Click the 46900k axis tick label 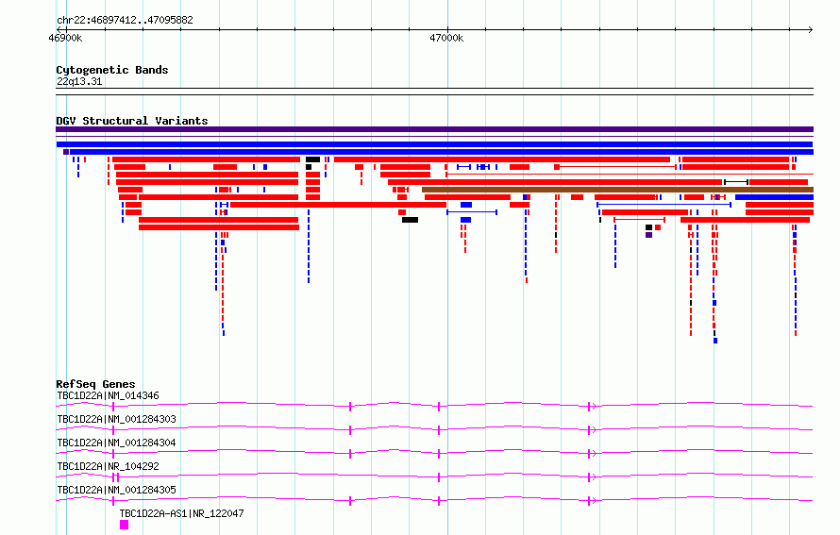(65, 38)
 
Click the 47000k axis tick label (446, 38)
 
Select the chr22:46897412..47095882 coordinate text (125, 21)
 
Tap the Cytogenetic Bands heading (112, 70)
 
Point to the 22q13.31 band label (79, 81)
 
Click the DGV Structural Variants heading (132, 121)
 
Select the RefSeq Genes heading (95, 384)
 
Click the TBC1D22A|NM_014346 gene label (109, 395)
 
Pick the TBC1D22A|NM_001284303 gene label (116, 419)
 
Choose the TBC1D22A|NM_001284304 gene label (116, 443)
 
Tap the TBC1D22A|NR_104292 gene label (109, 466)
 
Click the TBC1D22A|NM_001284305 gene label (116, 490)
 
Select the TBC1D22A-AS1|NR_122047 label (181, 513)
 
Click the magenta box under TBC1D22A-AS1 (125, 525)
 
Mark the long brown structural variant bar (617, 190)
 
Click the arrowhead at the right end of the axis (811, 29)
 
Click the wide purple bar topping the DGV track (435, 129)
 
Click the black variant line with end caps (736, 182)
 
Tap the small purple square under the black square (648, 235)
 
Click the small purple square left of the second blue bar (66, 152)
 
